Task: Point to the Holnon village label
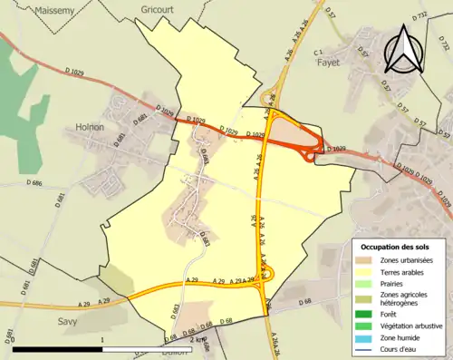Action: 91,128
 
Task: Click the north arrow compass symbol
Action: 401,45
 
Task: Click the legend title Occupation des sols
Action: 396,247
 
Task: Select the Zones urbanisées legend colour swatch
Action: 363,261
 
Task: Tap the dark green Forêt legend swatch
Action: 363,311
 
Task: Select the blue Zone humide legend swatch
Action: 363,335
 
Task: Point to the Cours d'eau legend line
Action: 363,345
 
